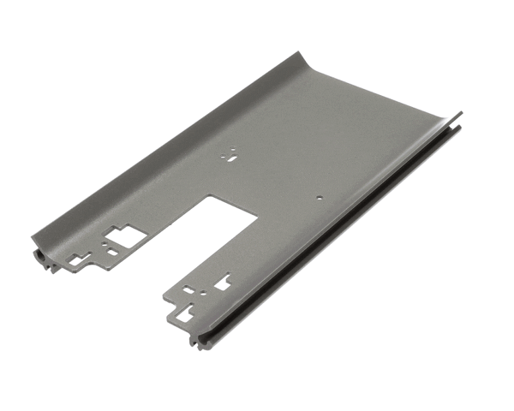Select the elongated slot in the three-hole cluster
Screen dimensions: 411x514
[232, 157]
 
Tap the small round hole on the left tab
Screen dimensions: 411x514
[105, 243]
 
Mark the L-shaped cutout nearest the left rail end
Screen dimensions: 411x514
[77, 258]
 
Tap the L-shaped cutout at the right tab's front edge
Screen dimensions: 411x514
[185, 315]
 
